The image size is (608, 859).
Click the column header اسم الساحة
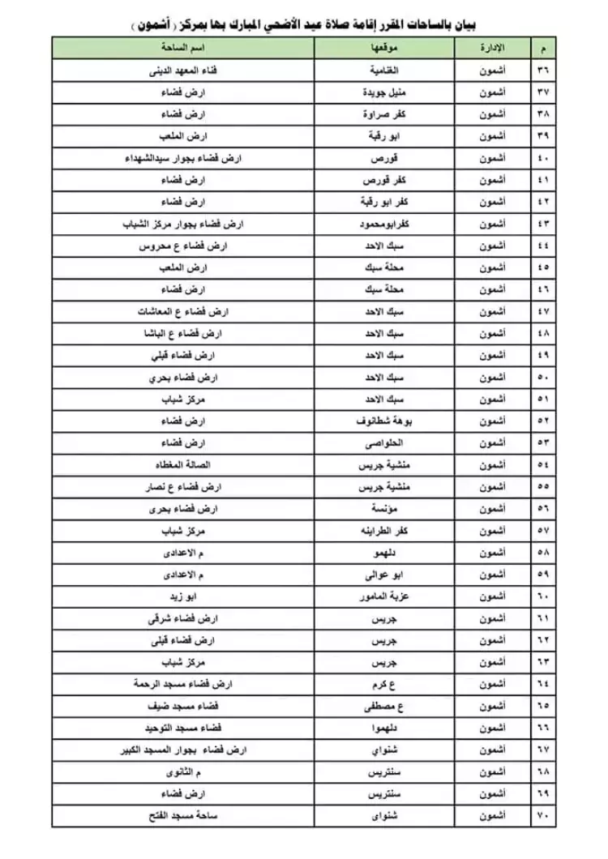180,49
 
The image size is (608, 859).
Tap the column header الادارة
495,49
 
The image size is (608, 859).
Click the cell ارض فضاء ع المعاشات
180,311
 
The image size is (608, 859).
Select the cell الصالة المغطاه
180,465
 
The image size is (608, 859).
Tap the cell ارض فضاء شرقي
180,618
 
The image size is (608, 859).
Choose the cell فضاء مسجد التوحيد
180,728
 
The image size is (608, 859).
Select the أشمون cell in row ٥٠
495,378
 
